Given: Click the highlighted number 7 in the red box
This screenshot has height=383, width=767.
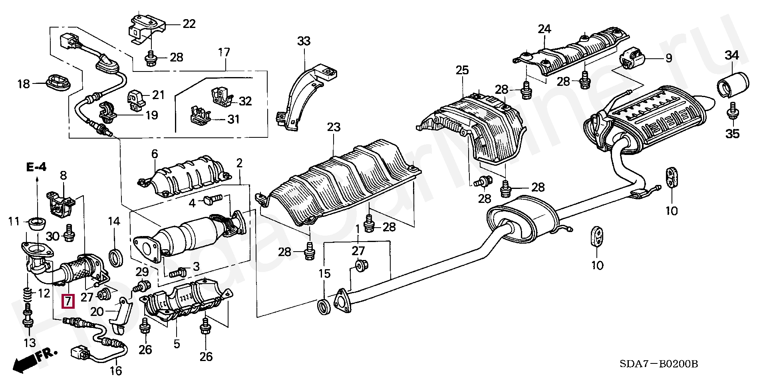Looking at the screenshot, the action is (x=68, y=301).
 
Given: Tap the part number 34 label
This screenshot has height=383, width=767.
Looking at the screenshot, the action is (x=732, y=55).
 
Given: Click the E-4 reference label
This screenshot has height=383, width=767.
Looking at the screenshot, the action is (x=37, y=167).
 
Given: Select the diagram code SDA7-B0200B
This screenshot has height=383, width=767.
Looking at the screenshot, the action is (x=659, y=364).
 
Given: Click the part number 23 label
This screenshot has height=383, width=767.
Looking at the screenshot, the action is (x=334, y=127).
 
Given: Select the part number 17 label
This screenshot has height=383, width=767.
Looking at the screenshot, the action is (x=224, y=52).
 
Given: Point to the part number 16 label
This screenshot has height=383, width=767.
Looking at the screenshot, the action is (x=116, y=371).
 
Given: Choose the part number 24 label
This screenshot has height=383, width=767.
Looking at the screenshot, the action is (x=544, y=28).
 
